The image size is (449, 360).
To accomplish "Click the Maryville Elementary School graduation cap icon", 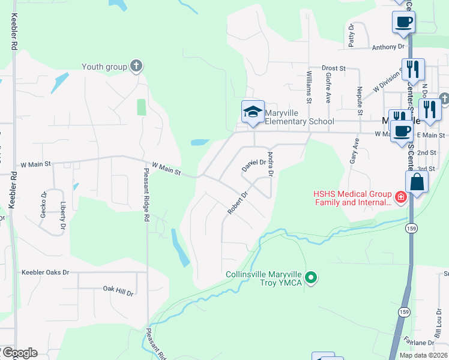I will click(253, 112).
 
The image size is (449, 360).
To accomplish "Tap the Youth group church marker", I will click(137, 66).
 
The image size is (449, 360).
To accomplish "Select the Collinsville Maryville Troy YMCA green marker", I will click(310, 278).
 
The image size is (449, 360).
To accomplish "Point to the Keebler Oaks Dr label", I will click(45, 272).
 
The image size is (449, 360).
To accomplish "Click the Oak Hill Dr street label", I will click(118, 291).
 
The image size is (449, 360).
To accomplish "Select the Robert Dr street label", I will click(238, 203).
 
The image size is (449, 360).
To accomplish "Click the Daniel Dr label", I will click(253, 163).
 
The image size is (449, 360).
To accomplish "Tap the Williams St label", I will click(309, 87).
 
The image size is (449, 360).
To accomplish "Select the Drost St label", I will click(334, 68).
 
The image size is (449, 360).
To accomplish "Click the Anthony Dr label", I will click(388, 47).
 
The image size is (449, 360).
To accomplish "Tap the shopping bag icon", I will click(418, 182).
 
